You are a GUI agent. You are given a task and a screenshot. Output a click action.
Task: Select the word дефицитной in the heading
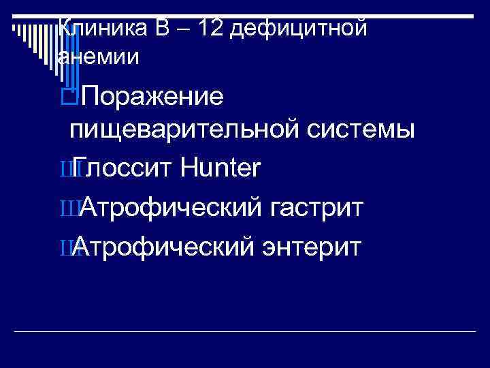coord(309,29)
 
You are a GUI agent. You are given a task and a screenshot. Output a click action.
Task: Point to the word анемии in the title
coord(99,57)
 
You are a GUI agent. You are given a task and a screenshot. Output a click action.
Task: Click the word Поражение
coord(152,97)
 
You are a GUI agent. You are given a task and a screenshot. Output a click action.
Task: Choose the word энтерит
coord(312,244)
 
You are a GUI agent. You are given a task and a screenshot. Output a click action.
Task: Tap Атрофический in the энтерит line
coord(163,244)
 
